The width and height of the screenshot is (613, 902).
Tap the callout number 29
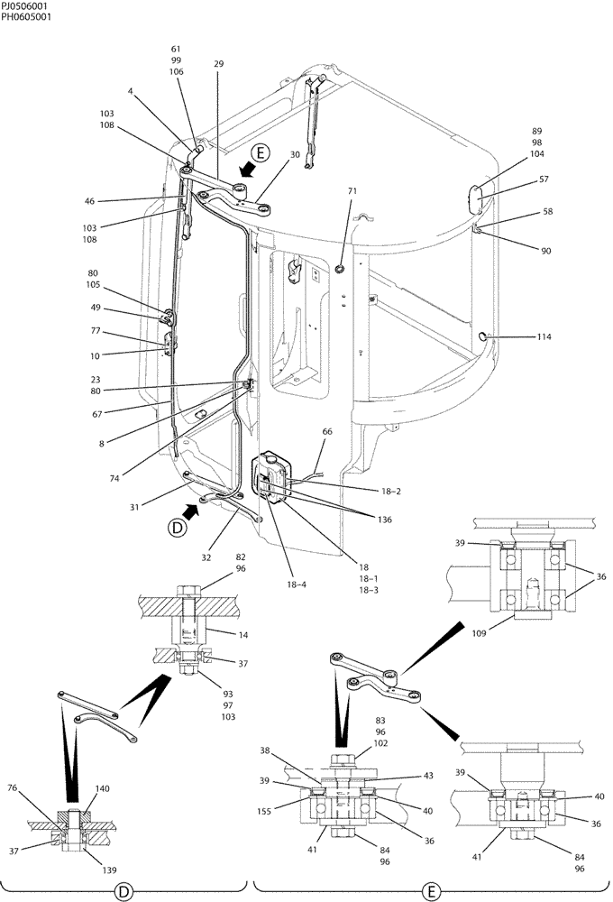(x=219, y=64)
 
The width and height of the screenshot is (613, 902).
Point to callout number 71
(x=352, y=191)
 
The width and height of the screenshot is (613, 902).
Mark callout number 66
(x=326, y=432)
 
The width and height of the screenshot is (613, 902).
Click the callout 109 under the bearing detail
(x=479, y=634)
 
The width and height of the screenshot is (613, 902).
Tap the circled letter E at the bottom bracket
(x=434, y=891)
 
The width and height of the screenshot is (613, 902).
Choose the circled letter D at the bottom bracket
(x=124, y=891)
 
